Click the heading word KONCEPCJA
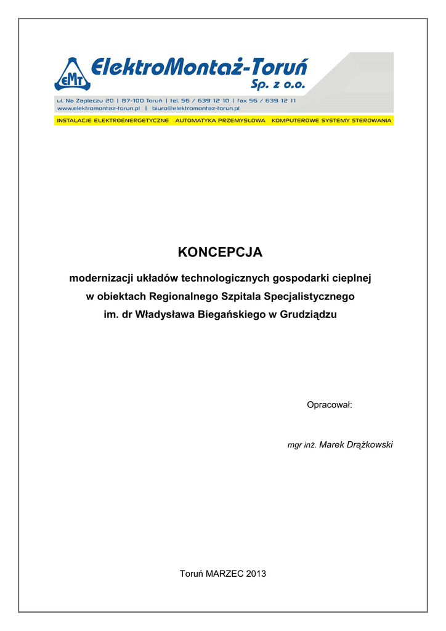220,253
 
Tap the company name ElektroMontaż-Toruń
200,66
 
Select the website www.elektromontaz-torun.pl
95,108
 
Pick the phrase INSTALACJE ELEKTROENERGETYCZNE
113,121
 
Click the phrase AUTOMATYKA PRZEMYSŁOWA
220,121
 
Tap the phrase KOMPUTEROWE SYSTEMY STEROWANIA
331,121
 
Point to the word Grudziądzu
309,315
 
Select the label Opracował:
329,405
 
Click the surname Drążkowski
366,445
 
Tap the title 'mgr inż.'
302,446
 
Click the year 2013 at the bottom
256,574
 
